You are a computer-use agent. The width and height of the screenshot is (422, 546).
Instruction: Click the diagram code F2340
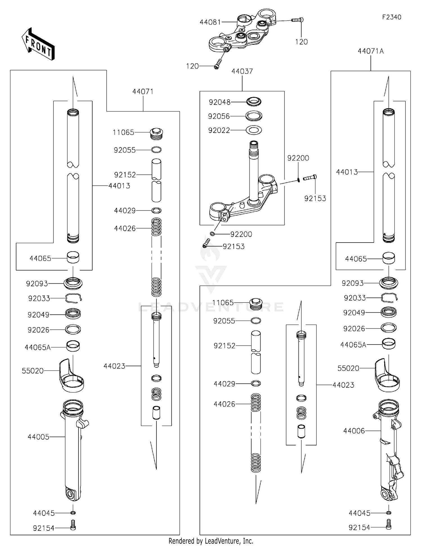click(x=391, y=17)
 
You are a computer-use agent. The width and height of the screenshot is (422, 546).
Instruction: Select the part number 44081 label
click(x=210, y=22)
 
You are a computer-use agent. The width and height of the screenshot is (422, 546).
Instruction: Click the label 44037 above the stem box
click(x=242, y=71)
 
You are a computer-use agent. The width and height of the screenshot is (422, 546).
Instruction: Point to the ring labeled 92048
click(x=254, y=101)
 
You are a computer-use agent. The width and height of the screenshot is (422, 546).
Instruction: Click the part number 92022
click(x=219, y=130)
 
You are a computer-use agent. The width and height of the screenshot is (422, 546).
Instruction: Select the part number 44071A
click(x=371, y=51)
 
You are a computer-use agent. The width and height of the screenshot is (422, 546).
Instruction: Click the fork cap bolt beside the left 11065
click(x=157, y=133)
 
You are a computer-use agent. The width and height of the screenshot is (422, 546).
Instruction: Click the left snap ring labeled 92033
click(x=73, y=298)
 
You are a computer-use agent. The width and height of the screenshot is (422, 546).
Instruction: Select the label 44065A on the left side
click(x=37, y=347)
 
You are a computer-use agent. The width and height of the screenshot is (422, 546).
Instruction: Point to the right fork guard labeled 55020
click(x=387, y=376)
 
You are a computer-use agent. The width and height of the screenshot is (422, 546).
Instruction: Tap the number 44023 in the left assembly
click(x=114, y=366)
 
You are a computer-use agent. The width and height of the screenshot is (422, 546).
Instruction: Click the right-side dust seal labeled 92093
click(x=389, y=283)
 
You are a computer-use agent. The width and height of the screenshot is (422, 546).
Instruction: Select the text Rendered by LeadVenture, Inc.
click(x=211, y=541)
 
